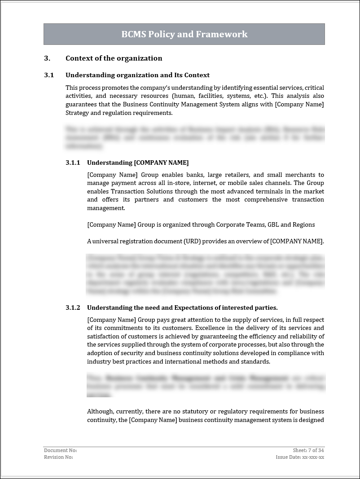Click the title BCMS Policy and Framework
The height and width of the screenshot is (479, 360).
click(184, 34)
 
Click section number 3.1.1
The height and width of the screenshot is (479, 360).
click(73, 163)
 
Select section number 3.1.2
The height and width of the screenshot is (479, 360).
click(73, 308)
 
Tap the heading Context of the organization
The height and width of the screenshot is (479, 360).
click(114, 58)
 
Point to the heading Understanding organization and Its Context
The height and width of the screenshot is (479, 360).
click(137, 75)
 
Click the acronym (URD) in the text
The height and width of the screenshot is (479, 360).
click(189, 241)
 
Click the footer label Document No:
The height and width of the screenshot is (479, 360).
click(60, 450)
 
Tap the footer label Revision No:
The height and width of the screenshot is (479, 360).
click(58, 457)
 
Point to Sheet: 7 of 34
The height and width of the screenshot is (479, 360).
click(308, 450)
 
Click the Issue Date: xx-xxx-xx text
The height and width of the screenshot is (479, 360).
click(300, 457)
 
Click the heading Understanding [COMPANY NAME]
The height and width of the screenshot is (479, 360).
click(138, 163)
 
